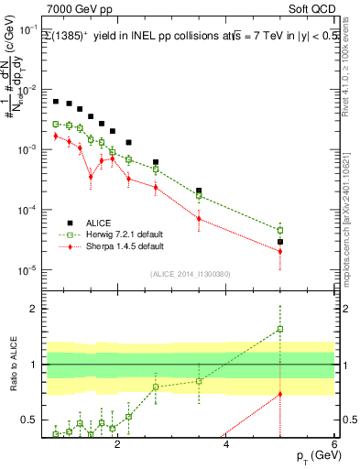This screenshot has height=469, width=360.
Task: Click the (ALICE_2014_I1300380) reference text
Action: [191, 273]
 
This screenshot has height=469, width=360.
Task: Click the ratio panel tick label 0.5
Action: [29, 420]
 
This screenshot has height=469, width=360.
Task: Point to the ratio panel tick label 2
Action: [35, 309]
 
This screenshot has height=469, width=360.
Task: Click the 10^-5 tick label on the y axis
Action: [28, 270]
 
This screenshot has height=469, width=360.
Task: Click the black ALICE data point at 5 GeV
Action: [280, 242]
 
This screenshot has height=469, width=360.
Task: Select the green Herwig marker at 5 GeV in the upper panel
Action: [280, 230]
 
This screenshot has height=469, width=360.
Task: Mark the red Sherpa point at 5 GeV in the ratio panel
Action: [280, 394]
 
